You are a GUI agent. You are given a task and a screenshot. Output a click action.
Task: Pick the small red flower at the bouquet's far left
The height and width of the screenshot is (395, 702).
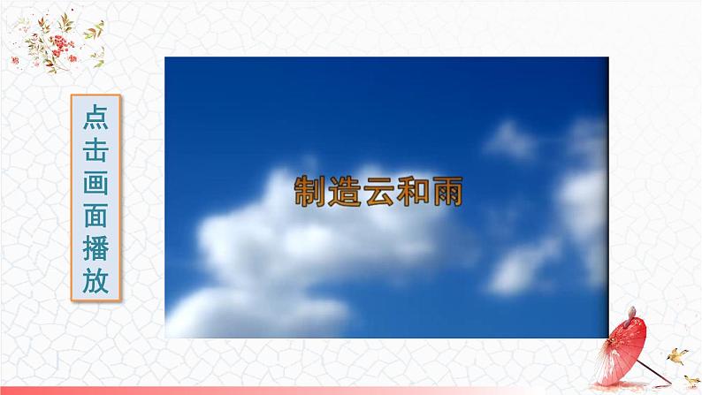click(x=15, y=59)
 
